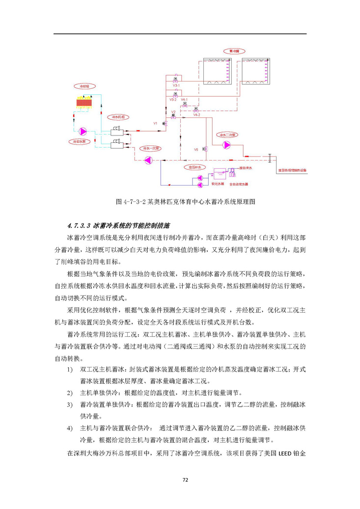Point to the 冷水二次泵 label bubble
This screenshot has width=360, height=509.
227,134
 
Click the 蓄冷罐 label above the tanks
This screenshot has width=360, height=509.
233,51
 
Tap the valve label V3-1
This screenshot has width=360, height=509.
176,85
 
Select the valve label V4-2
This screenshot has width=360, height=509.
196,114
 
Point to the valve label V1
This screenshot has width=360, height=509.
156,123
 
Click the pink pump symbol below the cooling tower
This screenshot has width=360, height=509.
82,131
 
